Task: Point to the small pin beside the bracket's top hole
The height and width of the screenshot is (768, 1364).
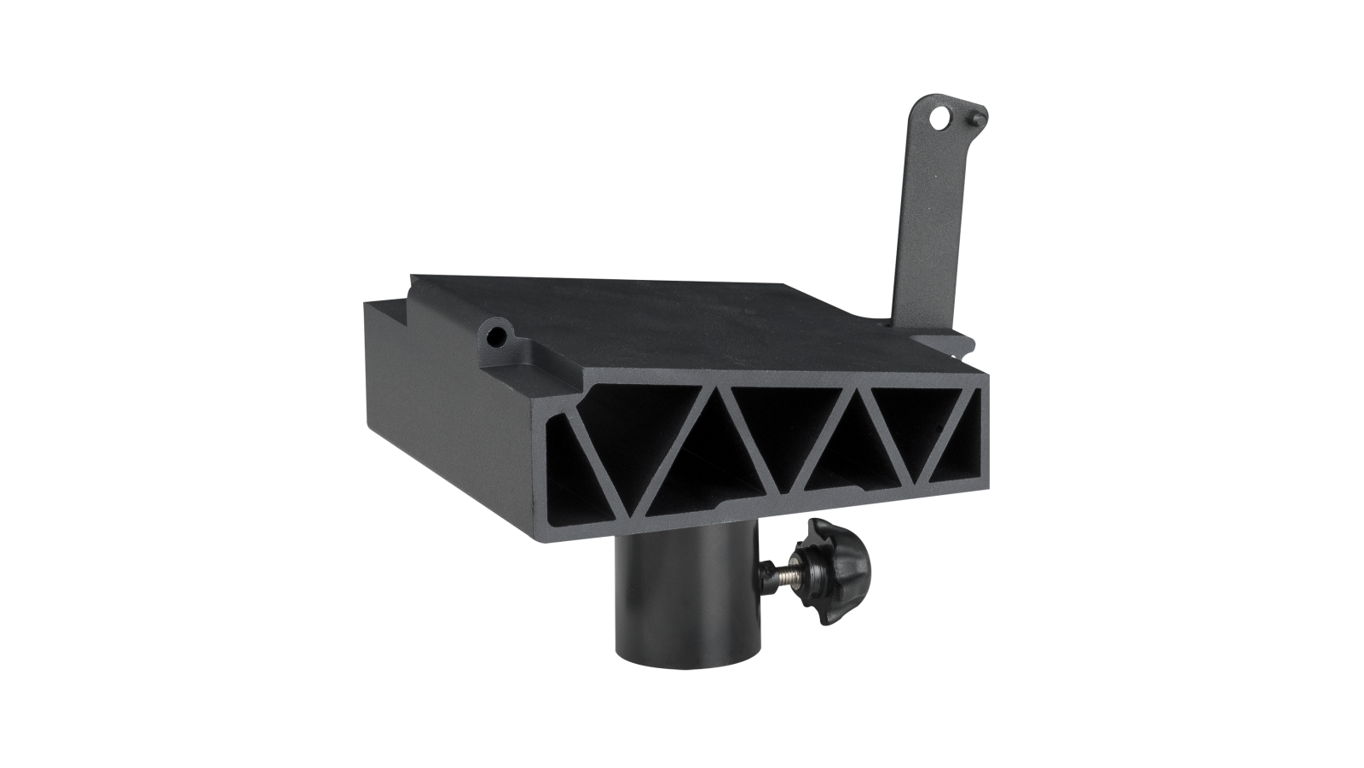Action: click(x=977, y=113)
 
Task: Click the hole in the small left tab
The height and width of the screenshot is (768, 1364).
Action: click(x=495, y=336)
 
